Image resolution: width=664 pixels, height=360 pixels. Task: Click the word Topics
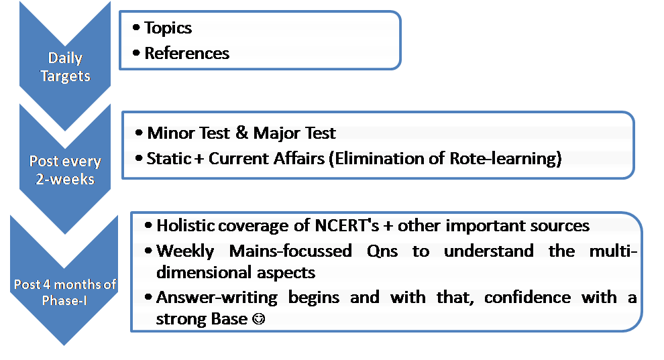coord(168,28)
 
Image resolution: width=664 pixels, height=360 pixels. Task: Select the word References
coord(186,54)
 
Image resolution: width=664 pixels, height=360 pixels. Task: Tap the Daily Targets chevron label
coord(65,67)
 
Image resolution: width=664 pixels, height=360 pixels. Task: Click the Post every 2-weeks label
coord(65,170)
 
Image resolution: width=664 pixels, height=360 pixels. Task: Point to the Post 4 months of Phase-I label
coord(65,292)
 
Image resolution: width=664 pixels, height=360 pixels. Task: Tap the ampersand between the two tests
coord(242,133)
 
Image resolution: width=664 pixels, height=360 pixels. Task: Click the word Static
coord(169,159)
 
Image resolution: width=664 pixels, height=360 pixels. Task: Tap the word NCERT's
coord(347,225)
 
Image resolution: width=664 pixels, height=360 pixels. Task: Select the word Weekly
coord(185,251)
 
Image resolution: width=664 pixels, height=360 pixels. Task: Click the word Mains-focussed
coord(290,251)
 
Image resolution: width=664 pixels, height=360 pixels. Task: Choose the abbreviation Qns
coord(382,251)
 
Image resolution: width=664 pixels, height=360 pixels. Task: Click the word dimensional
coord(201,272)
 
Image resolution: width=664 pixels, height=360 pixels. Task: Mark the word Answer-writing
coord(217,298)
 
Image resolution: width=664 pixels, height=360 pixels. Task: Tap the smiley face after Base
coord(258,318)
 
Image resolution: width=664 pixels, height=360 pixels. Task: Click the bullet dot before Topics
coord(136,28)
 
